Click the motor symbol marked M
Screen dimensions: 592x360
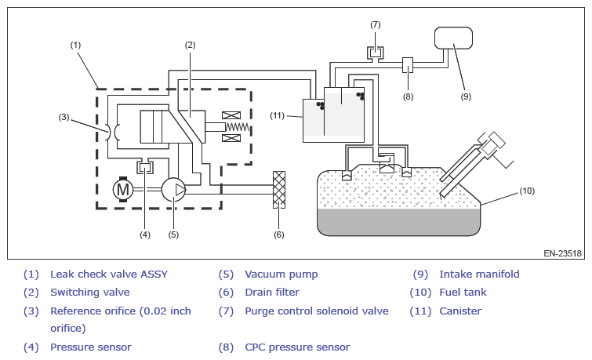pyautogui.click(x=123, y=189)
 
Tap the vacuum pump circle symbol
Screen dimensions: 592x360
pyautogui.click(x=173, y=189)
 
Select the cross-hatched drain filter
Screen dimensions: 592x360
pyautogui.click(x=279, y=190)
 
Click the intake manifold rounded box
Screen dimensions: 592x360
pyautogui.click(x=453, y=38)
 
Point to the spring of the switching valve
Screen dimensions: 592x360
pyautogui.click(x=238, y=127)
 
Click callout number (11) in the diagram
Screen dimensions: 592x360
pyautogui.click(x=277, y=115)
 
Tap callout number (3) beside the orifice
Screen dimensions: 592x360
pyautogui.click(x=64, y=117)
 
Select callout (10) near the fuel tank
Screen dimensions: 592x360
pyautogui.click(x=527, y=191)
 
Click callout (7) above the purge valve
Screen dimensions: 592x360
pyautogui.click(x=376, y=25)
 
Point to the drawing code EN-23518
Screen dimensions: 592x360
pyautogui.click(x=562, y=253)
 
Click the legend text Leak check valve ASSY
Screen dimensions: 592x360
pyautogui.click(x=109, y=275)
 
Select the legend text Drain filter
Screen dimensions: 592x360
pyautogui.click(x=272, y=292)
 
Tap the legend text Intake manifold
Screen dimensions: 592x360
pyautogui.click(x=479, y=275)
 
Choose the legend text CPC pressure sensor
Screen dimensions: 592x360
pyautogui.click(x=297, y=347)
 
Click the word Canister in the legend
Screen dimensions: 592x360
pyautogui.click(x=460, y=311)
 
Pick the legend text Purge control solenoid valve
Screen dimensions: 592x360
pyautogui.click(x=317, y=311)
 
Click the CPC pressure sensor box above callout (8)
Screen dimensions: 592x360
pyautogui.click(x=408, y=65)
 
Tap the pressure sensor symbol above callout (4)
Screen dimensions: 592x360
pyautogui.click(x=145, y=167)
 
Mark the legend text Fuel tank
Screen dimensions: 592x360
pyautogui.click(x=463, y=292)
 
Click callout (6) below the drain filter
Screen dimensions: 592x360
pyautogui.click(x=278, y=235)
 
